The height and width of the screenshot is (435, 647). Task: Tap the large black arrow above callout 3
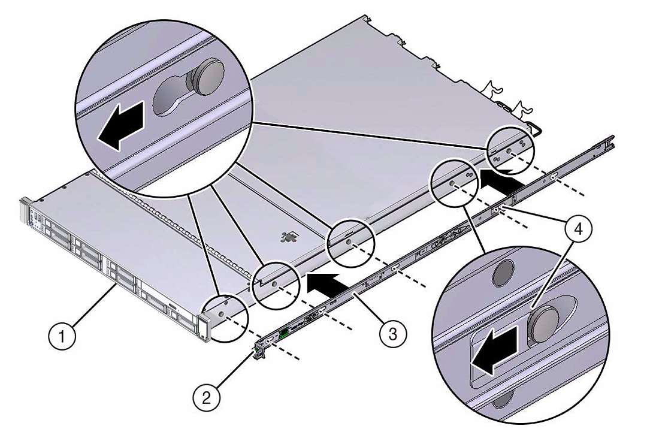[323, 282]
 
